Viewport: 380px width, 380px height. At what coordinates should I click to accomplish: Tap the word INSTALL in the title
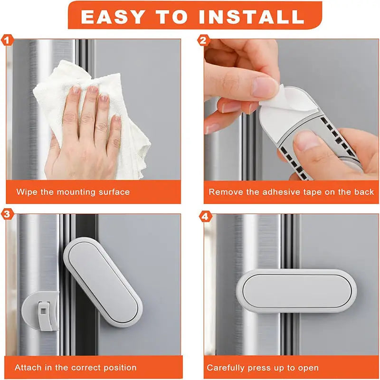tap(251, 16)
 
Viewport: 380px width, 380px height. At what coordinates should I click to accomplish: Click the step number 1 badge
tap(7, 40)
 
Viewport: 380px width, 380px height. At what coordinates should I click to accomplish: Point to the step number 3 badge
tap(7, 214)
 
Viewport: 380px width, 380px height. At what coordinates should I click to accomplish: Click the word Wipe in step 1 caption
tap(26, 192)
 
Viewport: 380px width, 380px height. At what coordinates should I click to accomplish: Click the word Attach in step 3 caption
tap(28, 368)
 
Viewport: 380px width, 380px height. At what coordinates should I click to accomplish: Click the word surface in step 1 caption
tap(113, 192)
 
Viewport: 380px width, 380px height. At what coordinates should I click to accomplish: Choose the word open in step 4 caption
tap(309, 368)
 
